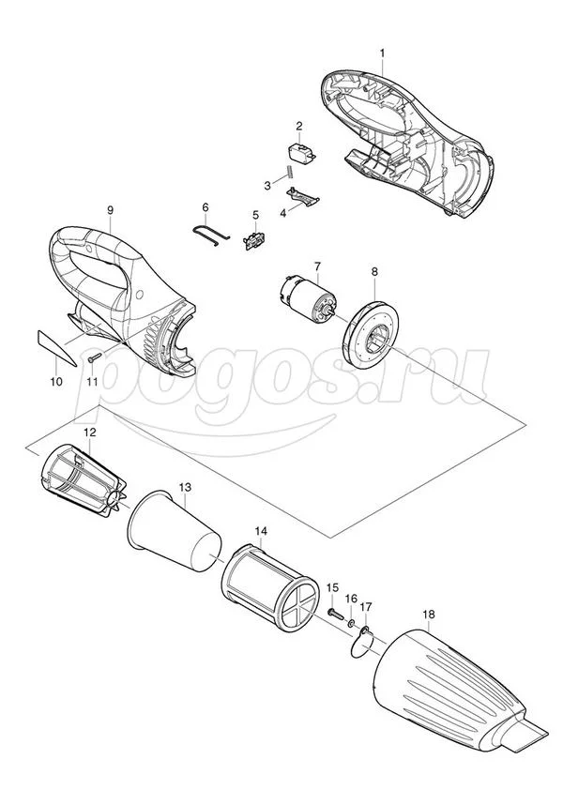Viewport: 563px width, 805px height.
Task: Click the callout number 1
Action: [x=382, y=53]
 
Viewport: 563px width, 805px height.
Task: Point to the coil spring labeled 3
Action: [x=289, y=171]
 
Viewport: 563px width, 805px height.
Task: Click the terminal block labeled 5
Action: [x=254, y=241]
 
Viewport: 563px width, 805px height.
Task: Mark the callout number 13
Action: [x=185, y=486]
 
